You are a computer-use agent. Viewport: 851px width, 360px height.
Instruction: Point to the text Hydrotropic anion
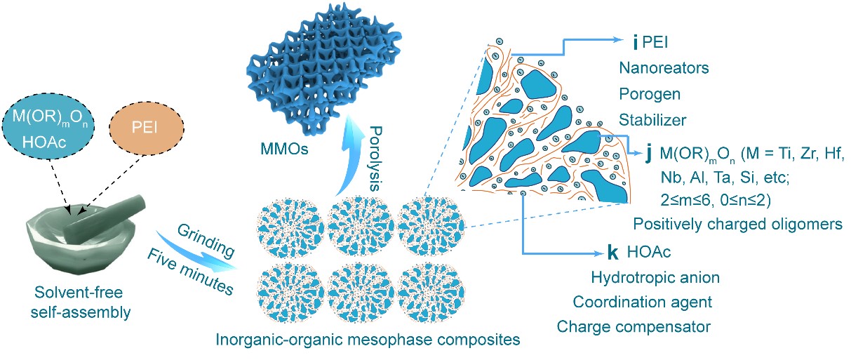[x=655, y=277]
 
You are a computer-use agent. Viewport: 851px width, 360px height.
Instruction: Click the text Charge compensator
[x=634, y=326]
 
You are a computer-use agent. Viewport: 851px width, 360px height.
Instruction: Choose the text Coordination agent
[x=642, y=302]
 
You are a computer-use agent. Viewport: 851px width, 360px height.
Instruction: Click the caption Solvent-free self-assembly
[x=82, y=302]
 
